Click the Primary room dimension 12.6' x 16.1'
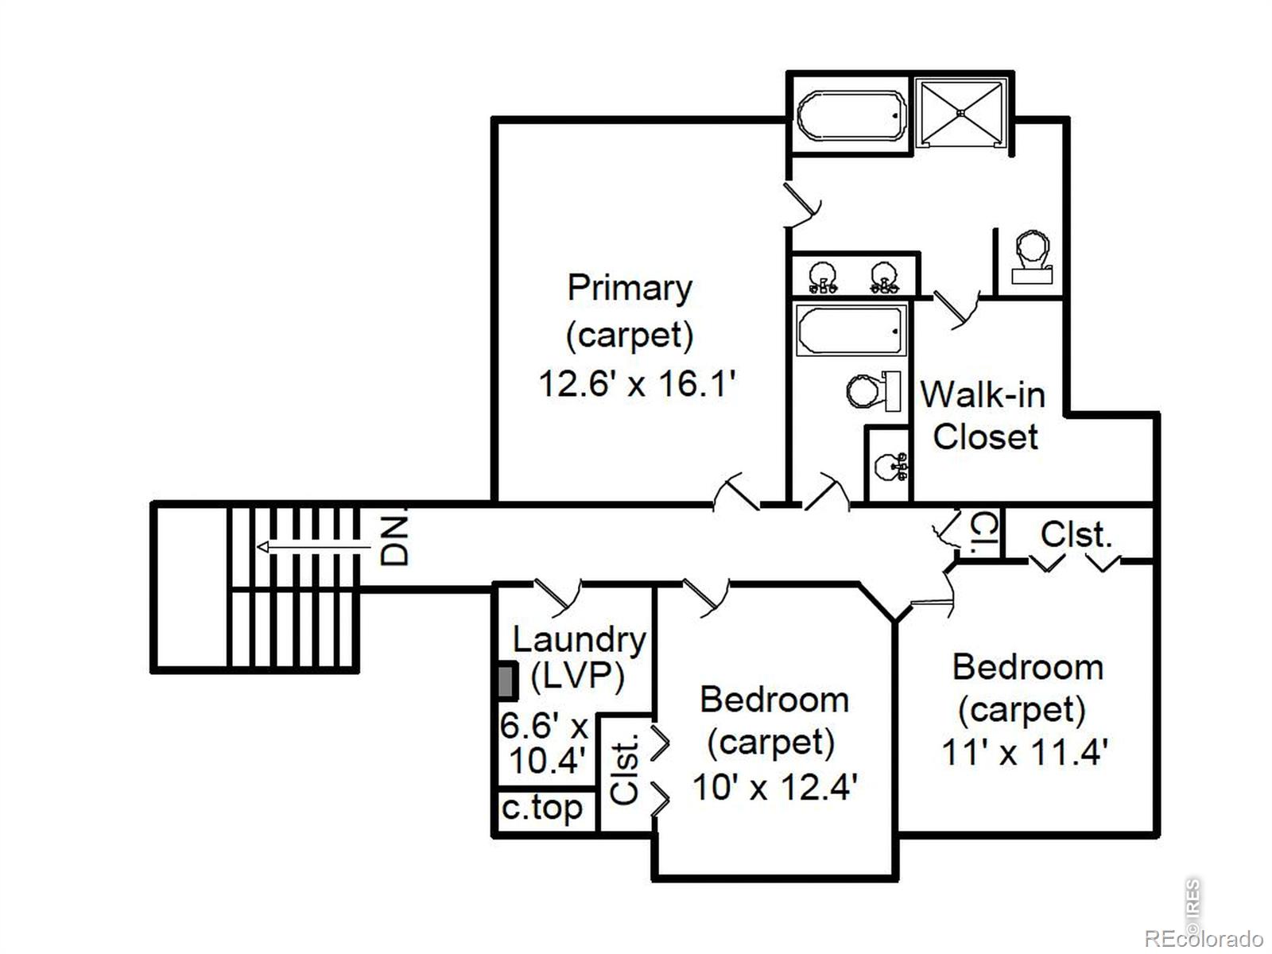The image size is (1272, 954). coord(637,383)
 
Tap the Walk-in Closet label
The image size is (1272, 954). coord(983,415)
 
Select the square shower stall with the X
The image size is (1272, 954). coord(961,114)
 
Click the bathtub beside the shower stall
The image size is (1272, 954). coord(851,115)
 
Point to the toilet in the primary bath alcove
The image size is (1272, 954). coord(1032,257)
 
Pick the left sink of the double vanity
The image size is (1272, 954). coord(823,277)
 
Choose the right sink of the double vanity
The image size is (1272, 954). coord(885,277)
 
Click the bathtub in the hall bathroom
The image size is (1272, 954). coord(851,330)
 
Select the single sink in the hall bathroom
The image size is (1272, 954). coord(891,465)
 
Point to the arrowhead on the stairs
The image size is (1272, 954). coord(262,547)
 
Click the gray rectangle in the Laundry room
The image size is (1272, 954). coord(508,681)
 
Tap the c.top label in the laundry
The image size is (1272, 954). coord(542,809)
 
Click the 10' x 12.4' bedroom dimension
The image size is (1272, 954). coord(775,787)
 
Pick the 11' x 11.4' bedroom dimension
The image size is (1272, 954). coord(1025,752)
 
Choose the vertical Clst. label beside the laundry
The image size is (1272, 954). coord(626,770)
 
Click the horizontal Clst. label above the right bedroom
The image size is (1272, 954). coord(1076,534)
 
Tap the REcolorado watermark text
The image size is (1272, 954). coord(1204,938)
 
